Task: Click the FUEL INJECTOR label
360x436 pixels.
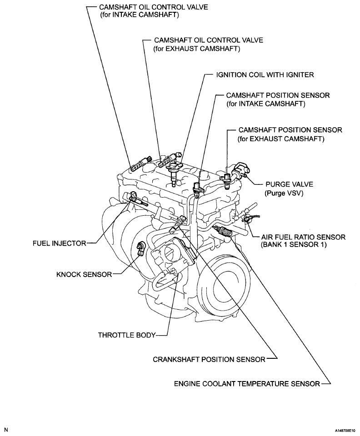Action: coord(59,243)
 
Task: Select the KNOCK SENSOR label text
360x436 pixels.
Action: coord(83,274)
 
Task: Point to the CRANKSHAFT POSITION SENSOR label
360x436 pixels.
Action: coord(209,359)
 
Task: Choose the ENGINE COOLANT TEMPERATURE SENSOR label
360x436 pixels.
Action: coord(247,383)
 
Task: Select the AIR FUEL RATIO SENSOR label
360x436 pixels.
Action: coord(303,237)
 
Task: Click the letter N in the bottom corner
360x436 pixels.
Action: coord(6,429)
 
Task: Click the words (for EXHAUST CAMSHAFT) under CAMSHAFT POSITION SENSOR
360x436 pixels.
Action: coord(281,139)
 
